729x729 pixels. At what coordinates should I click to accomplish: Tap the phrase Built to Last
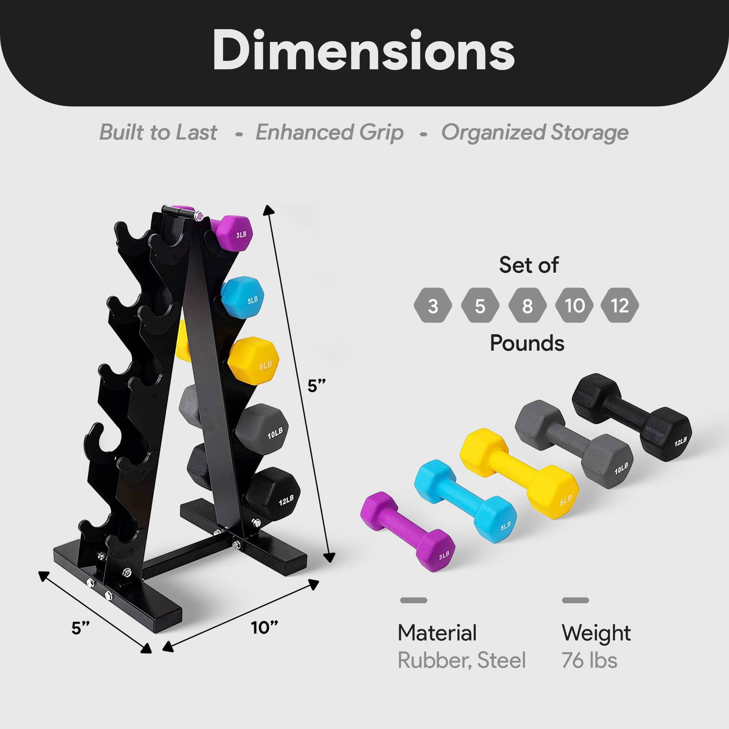158,132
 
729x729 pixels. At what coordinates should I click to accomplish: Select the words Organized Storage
535,132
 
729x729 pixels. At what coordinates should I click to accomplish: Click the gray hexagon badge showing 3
432,306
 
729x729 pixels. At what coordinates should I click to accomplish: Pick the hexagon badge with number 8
527,306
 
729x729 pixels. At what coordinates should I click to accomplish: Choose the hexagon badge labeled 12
620,306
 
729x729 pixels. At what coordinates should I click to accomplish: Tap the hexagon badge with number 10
574,306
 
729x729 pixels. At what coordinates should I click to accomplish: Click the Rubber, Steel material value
461,661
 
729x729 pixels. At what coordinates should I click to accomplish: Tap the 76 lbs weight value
589,661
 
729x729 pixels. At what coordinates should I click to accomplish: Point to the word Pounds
527,343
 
